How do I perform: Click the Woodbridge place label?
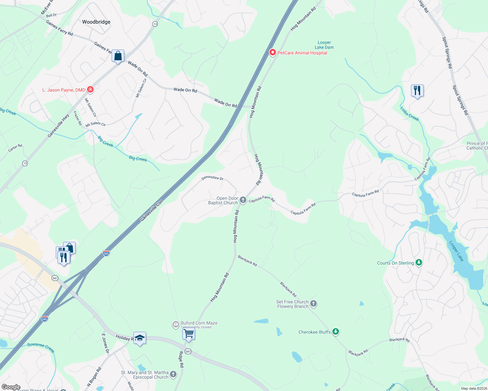96,22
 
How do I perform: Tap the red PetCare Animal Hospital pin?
272,52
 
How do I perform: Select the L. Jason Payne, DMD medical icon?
90,90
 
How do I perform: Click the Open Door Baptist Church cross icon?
243,200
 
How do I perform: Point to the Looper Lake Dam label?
324,45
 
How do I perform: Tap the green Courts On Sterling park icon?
419,263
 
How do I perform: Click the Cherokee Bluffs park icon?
336,332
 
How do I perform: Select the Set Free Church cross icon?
313,304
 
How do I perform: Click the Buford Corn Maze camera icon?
175,325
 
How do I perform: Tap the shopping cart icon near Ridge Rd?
189,334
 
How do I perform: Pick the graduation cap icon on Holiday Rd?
140,338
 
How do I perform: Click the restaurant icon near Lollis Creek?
417,90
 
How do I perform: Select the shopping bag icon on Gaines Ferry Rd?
118,56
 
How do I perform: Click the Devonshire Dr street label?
212,178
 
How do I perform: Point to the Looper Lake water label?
456,251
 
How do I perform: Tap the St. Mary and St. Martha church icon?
173,374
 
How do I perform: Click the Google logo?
11,387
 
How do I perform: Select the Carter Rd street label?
15,148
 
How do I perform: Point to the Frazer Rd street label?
77,118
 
